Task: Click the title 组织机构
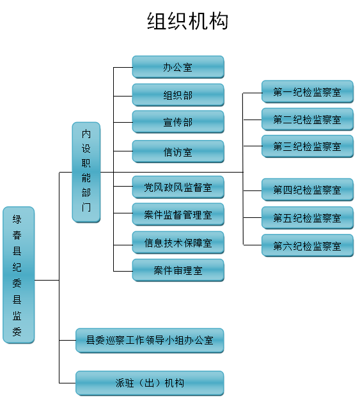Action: (x=187, y=21)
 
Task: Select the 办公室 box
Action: (x=178, y=67)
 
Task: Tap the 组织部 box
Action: (x=178, y=95)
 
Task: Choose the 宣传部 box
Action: (x=178, y=122)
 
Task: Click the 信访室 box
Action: (x=178, y=151)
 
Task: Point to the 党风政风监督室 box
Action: (x=178, y=187)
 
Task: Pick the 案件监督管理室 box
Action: (x=178, y=215)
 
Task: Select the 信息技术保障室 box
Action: (x=178, y=242)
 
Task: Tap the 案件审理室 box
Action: (x=178, y=270)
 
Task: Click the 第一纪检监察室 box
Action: (x=308, y=92)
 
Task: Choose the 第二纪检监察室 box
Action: (x=308, y=120)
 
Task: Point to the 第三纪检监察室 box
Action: (x=308, y=146)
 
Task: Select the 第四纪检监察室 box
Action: (x=308, y=190)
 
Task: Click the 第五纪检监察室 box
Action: (x=308, y=218)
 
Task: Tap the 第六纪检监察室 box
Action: (x=308, y=245)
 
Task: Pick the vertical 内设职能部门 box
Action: (x=86, y=173)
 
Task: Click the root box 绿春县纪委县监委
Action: (x=19, y=275)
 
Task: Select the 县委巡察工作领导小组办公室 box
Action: (x=150, y=341)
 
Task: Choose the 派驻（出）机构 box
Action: (x=150, y=383)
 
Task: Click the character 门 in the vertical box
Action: (x=86, y=207)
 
